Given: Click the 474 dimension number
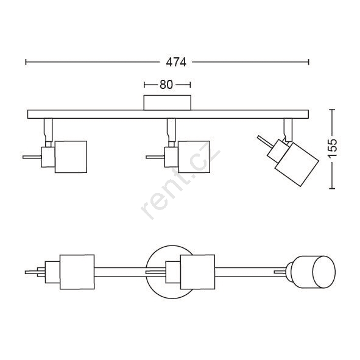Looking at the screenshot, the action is pyautogui.click(x=176, y=62).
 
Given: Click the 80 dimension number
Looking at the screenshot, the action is pyautogui.click(x=166, y=85).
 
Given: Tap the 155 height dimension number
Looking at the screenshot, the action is pyautogui.click(x=332, y=148).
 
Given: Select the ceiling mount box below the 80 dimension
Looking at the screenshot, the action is pyautogui.click(x=168, y=102).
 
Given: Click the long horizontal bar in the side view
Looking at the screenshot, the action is pyautogui.click(x=168, y=114).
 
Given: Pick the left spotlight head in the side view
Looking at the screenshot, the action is pyautogui.click(x=71, y=157).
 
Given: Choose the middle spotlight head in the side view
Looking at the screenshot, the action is pyautogui.click(x=194, y=157).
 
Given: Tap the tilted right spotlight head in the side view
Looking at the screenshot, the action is pyautogui.click(x=297, y=164).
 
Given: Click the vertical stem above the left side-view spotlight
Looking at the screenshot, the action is pyautogui.click(x=48, y=130).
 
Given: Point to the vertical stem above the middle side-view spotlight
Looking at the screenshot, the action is pyautogui.click(x=171, y=130).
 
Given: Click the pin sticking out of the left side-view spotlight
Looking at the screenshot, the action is pyautogui.click(x=32, y=157).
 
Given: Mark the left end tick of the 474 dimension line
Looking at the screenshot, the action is pyautogui.click(x=26, y=62).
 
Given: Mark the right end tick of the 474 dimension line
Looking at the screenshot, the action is pyautogui.click(x=309, y=62).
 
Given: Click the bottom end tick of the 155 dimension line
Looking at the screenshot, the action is pyautogui.click(x=332, y=188).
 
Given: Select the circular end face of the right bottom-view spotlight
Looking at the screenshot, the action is pyautogui.click(x=324, y=272).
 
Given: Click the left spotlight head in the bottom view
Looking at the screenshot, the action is pyautogui.click(x=77, y=272).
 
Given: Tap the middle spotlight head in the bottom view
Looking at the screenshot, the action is pyautogui.click(x=198, y=272).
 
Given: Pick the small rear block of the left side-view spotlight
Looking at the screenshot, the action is pyautogui.click(x=48, y=157).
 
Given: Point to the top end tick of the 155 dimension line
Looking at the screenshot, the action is pyautogui.click(x=332, y=110).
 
